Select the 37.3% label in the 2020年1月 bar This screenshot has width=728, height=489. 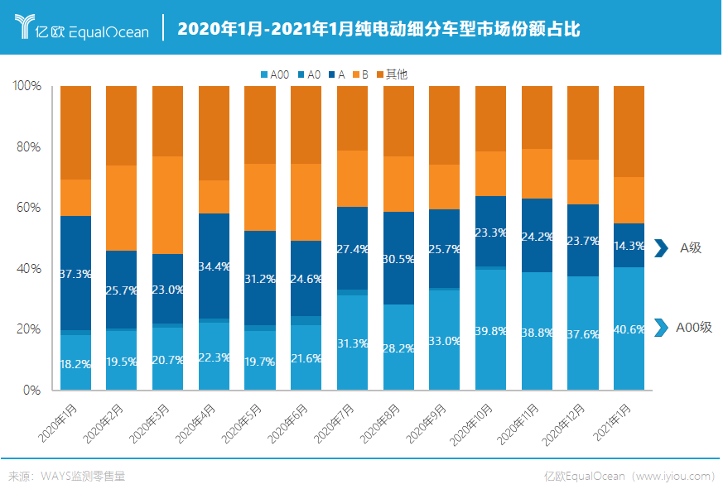tap(76, 273)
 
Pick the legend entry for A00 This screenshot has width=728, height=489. tap(274, 74)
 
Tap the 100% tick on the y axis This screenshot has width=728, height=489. tap(27, 86)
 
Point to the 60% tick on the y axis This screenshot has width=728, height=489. tap(30, 208)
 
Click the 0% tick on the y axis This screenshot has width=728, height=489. tap(32, 390)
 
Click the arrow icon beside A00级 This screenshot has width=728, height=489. tap(660, 328)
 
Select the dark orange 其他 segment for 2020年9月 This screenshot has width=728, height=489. tap(444, 125)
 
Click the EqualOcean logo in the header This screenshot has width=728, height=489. tap(83, 28)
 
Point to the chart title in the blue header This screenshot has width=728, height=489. tap(378, 29)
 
